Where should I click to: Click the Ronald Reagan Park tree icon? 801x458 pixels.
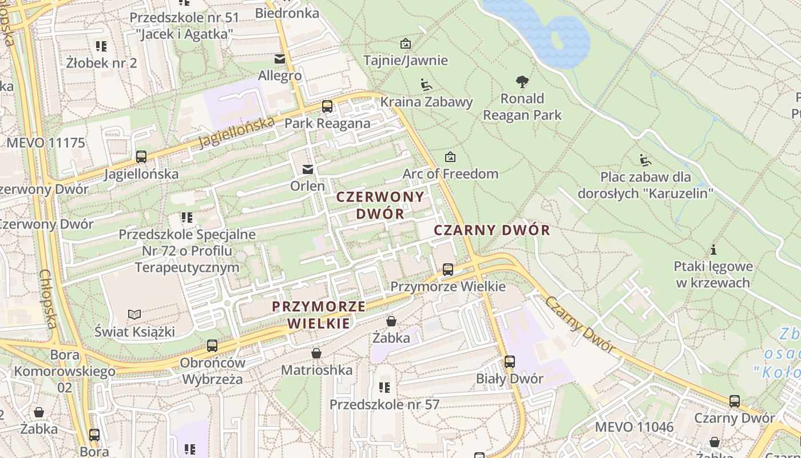[x=522, y=82]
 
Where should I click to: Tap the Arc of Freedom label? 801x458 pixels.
[x=450, y=173]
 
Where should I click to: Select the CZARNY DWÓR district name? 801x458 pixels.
[x=491, y=230]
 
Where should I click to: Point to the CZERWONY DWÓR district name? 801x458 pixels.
[x=380, y=205]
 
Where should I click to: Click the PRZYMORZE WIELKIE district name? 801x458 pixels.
[x=319, y=314]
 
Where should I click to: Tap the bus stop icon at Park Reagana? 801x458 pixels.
[x=327, y=106]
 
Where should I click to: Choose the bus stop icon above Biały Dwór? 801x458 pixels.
[x=509, y=362]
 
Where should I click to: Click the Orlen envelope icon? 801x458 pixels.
[x=308, y=169]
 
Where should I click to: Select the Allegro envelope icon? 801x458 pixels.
[x=280, y=58]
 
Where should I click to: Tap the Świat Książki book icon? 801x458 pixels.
[x=134, y=314]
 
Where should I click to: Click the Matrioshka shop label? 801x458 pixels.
[x=316, y=370]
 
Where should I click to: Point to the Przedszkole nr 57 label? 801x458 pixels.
[x=384, y=404]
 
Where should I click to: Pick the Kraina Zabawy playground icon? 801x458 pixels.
[x=426, y=85]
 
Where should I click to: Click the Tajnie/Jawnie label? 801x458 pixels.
[x=406, y=60]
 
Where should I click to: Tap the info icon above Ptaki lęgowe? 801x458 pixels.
[x=713, y=250]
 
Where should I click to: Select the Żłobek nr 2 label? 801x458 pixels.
[x=101, y=62]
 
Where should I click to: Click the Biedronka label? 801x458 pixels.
[x=287, y=13]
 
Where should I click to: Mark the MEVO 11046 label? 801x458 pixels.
[x=634, y=427]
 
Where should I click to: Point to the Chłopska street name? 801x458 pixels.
[x=48, y=299]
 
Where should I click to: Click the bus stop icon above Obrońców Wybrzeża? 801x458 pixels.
[x=212, y=346]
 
